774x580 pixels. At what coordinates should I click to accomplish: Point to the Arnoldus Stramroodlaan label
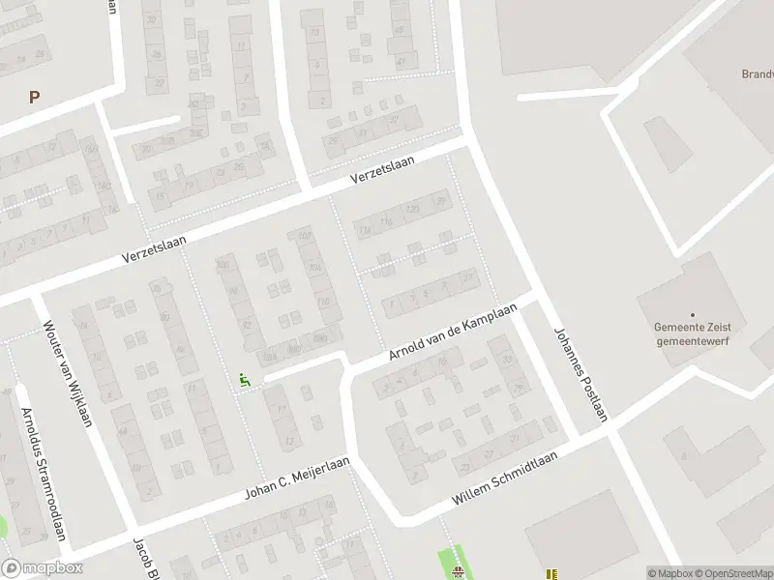pyautogui.click(x=44, y=474)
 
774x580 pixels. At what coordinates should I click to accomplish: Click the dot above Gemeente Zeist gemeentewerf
pyautogui.click(x=693, y=314)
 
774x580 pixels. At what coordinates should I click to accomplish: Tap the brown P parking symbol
pyautogui.click(x=35, y=97)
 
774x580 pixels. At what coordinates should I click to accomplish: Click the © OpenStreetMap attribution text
pyautogui.click(x=734, y=572)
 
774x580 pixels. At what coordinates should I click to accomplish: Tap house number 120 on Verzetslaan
pyautogui.click(x=413, y=209)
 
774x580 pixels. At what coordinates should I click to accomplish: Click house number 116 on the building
pyautogui.click(x=388, y=222)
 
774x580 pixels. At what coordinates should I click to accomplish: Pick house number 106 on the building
pyautogui.click(x=314, y=268)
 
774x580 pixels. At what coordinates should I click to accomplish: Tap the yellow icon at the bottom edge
pyautogui.click(x=551, y=573)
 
